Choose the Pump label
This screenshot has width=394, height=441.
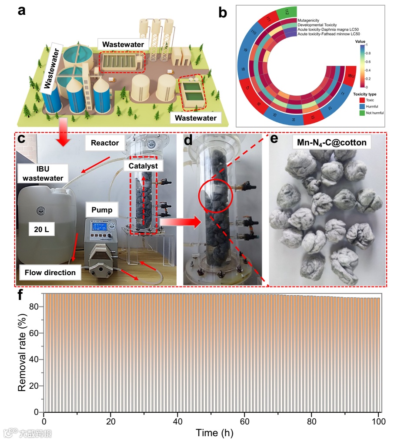tap(102, 210)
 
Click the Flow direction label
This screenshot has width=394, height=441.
tap(50, 273)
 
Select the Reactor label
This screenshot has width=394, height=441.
tap(105, 142)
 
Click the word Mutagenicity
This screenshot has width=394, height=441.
tap(311, 20)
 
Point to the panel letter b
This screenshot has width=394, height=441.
tap(223, 13)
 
